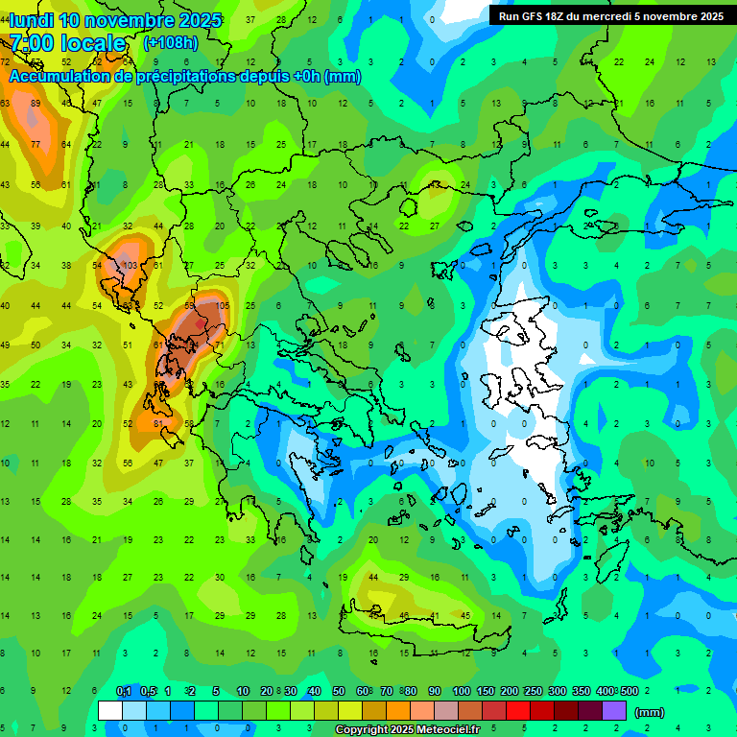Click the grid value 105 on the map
[223, 305]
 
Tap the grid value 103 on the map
[131, 265]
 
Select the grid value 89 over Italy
[36, 103]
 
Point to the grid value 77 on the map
[36, 144]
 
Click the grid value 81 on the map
[159, 423]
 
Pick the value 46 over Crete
[404, 615]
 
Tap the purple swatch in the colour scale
[614, 711]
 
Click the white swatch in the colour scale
[110, 711]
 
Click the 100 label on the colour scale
[461, 692]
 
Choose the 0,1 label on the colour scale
[123, 692]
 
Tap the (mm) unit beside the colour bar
[650, 712]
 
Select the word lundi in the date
[31, 20]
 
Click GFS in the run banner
[537, 16]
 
